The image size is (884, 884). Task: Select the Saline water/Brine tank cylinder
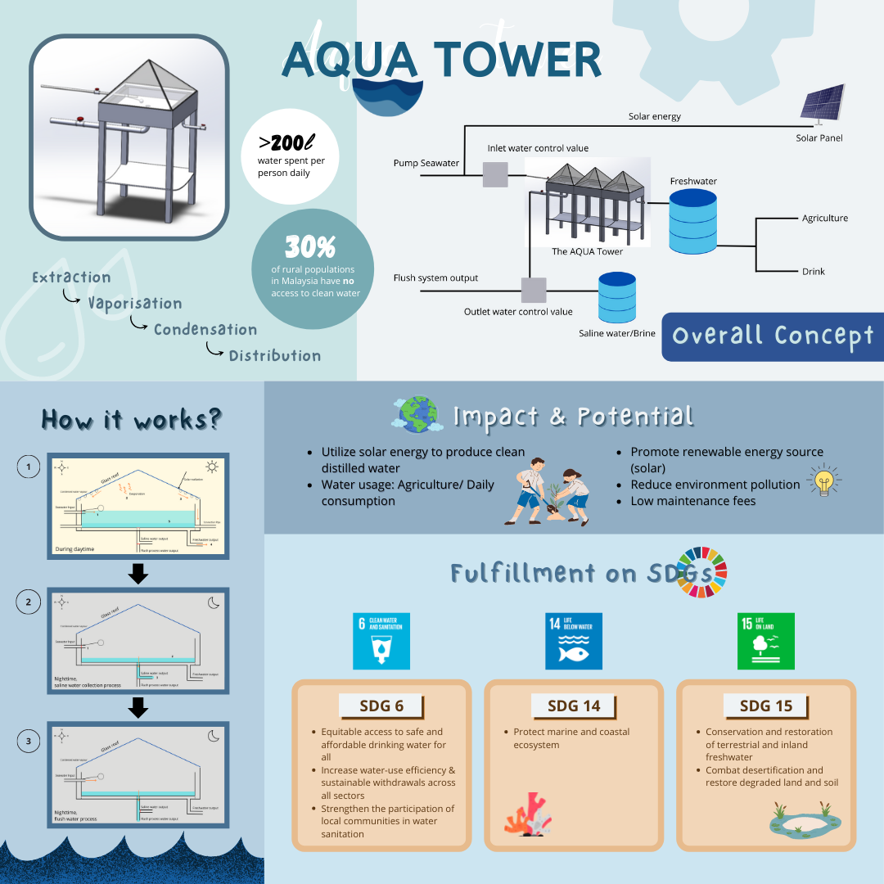point(617,296)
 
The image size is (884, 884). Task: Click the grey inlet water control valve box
point(494,174)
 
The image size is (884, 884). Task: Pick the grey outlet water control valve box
point(534,291)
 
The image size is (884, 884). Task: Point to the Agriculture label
point(824,219)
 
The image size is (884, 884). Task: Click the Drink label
point(814,271)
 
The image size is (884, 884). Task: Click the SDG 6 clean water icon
point(381,641)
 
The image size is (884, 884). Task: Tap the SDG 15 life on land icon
point(766,641)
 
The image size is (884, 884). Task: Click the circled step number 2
point(29,602)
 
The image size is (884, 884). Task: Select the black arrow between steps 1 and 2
point(139,574)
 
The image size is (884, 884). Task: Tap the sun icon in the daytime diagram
point(212,467)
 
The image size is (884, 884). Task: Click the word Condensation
point(205,330)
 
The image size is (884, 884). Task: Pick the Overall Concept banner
point(773,336)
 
